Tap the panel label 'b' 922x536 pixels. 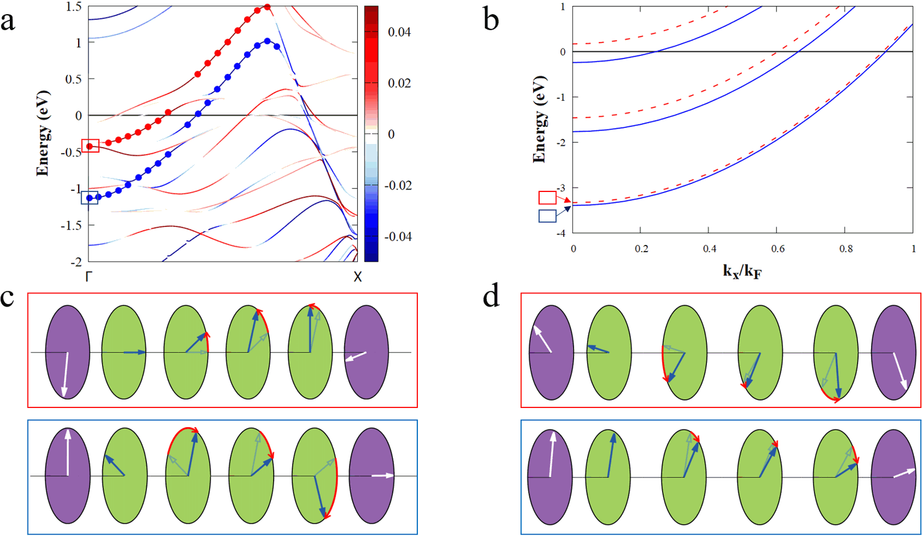491,20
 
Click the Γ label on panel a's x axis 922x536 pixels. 89,276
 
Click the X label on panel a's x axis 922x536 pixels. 358,276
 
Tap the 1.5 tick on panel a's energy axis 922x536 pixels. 74,7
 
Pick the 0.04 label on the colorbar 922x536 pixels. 399,32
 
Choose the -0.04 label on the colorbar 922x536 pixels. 397,237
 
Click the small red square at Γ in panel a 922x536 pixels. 90,146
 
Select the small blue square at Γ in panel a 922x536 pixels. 90,198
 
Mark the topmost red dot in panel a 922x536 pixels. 267,7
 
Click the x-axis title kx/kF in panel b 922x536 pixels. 742,271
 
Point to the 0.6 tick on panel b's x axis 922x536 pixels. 778,249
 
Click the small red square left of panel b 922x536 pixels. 547,198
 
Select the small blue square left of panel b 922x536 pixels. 547,216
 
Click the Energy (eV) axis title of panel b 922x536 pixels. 539,119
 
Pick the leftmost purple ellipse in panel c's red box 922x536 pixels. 68,352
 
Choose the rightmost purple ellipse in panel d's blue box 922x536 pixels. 893,476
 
